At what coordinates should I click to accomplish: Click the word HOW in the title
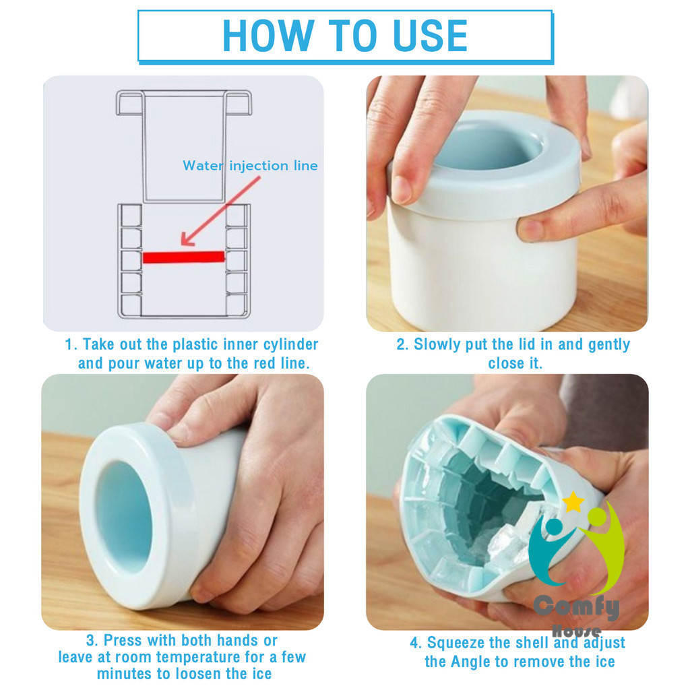[268, 36]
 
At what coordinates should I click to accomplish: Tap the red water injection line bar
[184, 257]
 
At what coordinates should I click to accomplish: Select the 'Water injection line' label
[250, 166]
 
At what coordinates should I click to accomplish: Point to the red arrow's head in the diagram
[188, 239]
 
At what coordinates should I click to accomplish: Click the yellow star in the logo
[573, 501]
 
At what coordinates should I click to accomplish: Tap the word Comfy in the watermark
[577, 607]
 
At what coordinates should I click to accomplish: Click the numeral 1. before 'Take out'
[71, 344]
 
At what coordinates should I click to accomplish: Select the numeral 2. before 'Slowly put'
[403, 344]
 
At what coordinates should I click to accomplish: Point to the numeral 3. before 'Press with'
[92, 640]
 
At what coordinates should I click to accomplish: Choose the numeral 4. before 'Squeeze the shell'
[416, 643]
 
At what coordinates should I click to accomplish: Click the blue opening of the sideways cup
[123, 516]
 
